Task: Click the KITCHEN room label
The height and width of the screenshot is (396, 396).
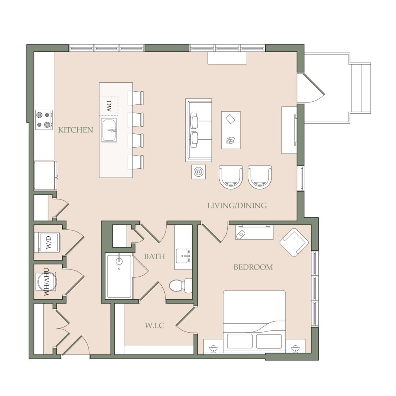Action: (x=75, y=130)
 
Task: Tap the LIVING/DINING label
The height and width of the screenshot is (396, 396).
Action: (x=237, y=206)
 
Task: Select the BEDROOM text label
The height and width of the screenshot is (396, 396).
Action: (x=253, y=267)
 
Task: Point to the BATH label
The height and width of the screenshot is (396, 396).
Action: (x=154, y=257)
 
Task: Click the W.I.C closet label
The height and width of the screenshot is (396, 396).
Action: (x=154, y=326)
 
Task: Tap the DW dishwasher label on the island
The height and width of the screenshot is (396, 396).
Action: (x=109, y=107)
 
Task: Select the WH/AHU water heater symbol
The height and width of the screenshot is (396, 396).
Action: (x=46, y=282)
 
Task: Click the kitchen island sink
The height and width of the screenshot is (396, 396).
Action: (x=109, y=130)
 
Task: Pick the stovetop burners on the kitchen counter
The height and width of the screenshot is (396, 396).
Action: (x=44, y=120)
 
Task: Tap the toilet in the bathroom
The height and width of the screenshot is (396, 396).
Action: (x=181, y=286)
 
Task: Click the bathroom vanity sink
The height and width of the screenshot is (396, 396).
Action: (x=183, y=256)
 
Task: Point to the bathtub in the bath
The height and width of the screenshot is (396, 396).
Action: (x=119, y=276)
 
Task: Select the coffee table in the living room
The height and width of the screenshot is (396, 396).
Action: (x=231, y=130)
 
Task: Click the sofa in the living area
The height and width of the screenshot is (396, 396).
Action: (x=198, y=130)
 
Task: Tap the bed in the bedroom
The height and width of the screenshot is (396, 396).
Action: (x=254, y=321)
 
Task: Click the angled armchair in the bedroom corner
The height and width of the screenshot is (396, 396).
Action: (x=294, y=242)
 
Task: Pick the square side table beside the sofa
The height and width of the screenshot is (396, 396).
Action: (x=198, y=172)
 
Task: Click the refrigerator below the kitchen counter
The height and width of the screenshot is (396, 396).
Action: (x=46, y=176)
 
